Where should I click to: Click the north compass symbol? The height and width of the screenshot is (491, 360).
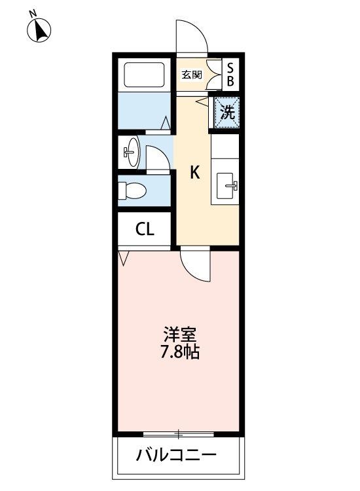(39, 30)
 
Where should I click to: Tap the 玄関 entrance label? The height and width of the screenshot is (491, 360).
(192, 75)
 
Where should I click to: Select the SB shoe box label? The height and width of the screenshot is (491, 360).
(230, 75)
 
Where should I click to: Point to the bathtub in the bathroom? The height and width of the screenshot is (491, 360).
(144, 75)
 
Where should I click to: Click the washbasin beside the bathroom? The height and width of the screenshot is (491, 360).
(132, 152)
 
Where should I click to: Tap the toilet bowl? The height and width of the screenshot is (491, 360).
(132, 191)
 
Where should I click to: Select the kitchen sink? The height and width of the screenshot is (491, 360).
(226, 186)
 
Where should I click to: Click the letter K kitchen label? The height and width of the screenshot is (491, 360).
(195, 172)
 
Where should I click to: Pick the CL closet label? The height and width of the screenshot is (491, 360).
(145, 230)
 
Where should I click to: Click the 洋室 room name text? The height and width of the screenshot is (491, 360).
(180, 335)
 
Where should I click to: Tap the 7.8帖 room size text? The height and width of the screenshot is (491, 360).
(180, 352)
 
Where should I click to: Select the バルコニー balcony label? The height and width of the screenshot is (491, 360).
(176, 455)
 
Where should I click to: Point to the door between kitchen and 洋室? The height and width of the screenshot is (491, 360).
(194, 264)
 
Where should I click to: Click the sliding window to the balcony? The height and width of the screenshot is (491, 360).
(179, 434)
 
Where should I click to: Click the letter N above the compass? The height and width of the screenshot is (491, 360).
(32, 14)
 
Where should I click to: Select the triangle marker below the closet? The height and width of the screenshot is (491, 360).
(124, 259)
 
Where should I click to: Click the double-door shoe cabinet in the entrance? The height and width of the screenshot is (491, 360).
(214, 75)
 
